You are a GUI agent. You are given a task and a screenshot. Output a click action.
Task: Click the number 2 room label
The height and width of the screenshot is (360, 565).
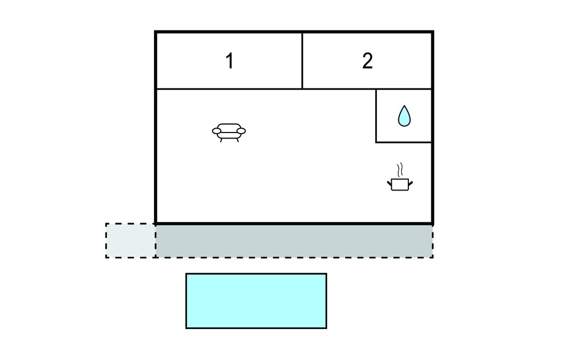click(367, 61)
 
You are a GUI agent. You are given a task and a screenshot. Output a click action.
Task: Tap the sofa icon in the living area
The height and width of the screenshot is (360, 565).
click(229, 133)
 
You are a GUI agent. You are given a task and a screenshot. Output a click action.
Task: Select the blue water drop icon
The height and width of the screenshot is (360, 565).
click(404, 116)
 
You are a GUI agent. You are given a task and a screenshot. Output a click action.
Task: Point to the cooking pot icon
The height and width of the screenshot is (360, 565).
click(400, 177)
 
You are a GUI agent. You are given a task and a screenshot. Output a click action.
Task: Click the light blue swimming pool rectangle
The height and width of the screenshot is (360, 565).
click(256, 301)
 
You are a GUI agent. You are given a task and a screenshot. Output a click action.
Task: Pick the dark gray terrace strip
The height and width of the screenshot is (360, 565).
click(295, 241)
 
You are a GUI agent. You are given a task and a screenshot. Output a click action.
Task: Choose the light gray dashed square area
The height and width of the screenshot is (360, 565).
click(130, 240)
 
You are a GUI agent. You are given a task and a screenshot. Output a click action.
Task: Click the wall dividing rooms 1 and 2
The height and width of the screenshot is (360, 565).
click(302, 61)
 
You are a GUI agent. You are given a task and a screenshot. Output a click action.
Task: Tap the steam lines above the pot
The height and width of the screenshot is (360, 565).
click(399, 170)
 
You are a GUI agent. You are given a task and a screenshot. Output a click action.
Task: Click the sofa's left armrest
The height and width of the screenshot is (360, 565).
click(216, 131)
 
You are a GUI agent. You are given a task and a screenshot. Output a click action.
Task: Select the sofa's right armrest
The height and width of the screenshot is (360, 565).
click(242, 131)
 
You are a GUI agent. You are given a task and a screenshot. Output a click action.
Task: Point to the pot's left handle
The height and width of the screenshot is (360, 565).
click(390, 184)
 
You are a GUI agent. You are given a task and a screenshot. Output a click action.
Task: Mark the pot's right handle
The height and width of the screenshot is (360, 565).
click(411, 184)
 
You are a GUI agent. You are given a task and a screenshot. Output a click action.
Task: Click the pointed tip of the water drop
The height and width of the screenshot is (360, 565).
click(404, 105)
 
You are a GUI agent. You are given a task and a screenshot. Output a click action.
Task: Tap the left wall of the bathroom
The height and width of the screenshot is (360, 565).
click(376, 116)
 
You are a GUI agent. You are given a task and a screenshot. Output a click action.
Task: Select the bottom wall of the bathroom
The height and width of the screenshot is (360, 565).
click(403, 142)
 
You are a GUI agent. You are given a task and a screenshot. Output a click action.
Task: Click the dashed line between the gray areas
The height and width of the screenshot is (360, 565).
click(156, 241)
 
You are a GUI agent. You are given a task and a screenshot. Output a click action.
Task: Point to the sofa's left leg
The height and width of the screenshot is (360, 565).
click(221, 140)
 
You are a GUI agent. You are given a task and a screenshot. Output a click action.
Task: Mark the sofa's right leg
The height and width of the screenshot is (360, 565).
click(237, 140)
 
